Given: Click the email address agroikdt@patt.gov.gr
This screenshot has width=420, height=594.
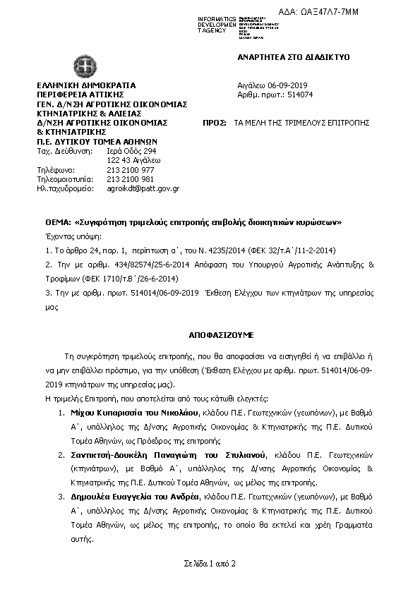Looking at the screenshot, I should pyautogui.click(x=143, y=188).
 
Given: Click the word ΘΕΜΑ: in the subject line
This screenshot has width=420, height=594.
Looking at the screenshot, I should pyautogui.click(x=59, y=222).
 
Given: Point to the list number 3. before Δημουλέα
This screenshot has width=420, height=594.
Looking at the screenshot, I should pyautogui.click(x=61, y=497).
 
